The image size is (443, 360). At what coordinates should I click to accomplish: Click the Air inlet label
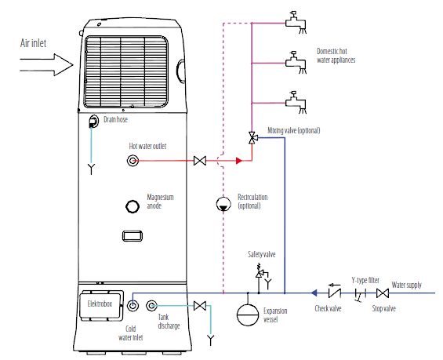pos(33,43)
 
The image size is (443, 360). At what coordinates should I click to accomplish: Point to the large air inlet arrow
pos(46,65)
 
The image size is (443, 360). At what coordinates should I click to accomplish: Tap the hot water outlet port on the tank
pos(133,161)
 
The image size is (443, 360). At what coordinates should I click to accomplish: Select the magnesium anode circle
pos(133,206)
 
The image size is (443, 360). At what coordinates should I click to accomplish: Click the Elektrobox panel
pos(101,305)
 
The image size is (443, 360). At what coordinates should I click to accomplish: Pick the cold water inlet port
pos(133,305)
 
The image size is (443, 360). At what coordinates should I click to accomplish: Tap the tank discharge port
pos(151,305)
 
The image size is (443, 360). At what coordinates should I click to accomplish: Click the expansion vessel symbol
pos(248,315)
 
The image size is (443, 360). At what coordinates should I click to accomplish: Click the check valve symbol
pos(335,293)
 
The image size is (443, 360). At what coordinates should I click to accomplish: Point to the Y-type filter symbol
pos(360,295)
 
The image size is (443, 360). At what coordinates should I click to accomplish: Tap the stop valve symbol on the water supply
pos(383,293)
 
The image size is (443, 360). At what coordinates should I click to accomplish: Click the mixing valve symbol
pos(252,137)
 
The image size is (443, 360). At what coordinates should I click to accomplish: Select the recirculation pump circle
pos(223,204)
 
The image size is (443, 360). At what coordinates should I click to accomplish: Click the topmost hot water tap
pos(296,22)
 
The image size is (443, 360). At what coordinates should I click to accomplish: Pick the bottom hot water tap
pos(296,102)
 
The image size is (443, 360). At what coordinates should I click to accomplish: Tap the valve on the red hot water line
pos(200,161)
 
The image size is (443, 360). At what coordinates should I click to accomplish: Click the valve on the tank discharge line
pos(200,306)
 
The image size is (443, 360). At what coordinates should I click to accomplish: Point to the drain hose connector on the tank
pos(93,122)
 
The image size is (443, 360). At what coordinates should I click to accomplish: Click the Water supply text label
pos(407,285)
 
